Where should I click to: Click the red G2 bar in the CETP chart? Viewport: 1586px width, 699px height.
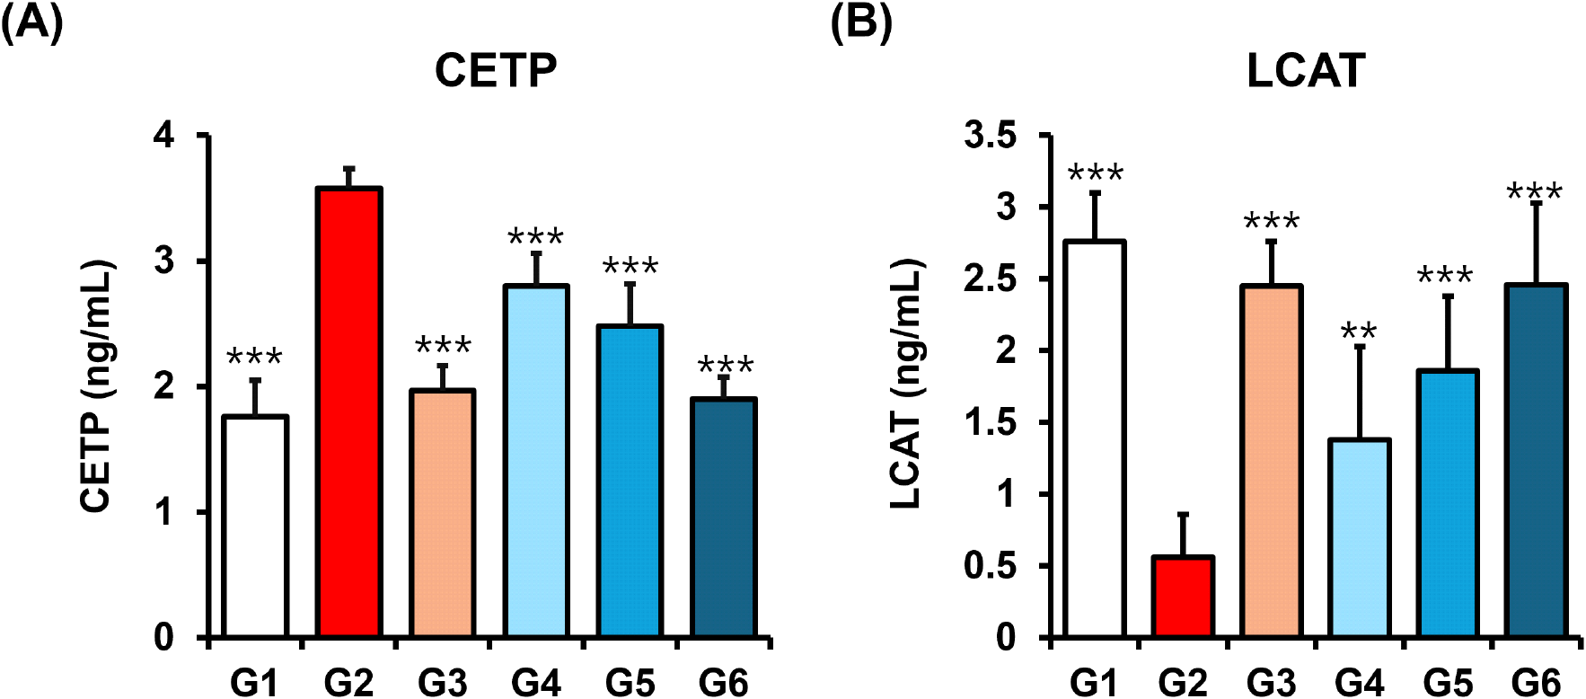[x=348, y=413]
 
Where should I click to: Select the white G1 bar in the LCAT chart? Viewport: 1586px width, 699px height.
[x=1094, y=440]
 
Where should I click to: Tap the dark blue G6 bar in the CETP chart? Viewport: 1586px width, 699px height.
[x=724, y=518]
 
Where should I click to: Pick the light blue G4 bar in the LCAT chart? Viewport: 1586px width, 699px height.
[x=1359, y=539]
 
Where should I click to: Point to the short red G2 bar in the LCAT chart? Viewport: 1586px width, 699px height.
[x=1183, y=597]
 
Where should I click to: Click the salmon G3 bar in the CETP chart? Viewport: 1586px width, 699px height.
[x=443, y=514]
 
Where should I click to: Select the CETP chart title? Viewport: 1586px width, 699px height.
[x=496, y=71]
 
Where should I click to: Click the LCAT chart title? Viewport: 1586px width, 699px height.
[x=1306, y=71]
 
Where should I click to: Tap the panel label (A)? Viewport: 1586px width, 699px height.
[x=31, y=22]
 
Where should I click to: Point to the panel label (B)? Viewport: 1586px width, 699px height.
[x=860, y=22]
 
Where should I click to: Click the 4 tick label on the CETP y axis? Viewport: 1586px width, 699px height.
[x=164, y=136]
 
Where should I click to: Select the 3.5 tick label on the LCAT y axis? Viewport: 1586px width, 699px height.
[x=991, y=136]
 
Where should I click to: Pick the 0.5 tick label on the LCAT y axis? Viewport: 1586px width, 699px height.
[x=991, y=566]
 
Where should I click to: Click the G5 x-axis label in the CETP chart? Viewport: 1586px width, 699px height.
[x=630, y=683]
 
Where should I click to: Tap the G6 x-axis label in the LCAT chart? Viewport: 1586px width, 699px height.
[x=1536, y=683]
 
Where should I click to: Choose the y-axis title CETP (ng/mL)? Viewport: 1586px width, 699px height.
[x=97, y=386]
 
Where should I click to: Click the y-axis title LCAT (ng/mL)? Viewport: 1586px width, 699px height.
[x=907, y=384]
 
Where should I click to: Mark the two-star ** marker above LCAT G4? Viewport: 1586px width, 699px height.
[x=1359, y=332]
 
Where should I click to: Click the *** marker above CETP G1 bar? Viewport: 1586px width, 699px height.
[x=254, y=358]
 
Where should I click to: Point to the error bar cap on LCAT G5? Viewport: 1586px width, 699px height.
[x=1448, y=296]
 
